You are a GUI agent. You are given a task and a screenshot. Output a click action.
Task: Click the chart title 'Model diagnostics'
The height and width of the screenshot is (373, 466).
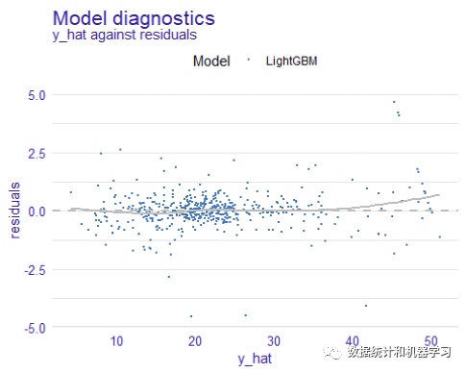(134, 18)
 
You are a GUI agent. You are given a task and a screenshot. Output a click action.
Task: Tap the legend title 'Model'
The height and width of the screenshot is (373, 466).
(211, 62)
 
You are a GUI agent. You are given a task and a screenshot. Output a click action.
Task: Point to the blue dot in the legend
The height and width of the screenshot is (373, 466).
(249, 62)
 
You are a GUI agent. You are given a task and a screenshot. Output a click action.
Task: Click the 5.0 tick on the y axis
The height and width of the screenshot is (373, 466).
(36, 94)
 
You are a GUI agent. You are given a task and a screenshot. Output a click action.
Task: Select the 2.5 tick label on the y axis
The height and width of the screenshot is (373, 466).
(36, 153)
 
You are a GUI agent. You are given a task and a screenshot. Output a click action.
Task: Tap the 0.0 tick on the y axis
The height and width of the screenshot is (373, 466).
(36, 211)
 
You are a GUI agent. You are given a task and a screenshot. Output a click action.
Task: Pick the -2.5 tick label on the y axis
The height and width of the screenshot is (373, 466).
(34, 269)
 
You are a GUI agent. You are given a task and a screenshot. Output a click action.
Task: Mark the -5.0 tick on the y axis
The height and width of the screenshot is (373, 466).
(34, 328)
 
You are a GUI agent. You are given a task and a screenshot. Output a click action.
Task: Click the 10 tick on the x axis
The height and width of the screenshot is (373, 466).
(116, 342)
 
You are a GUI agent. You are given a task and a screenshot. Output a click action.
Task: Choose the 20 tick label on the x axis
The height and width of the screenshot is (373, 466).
(195, 342)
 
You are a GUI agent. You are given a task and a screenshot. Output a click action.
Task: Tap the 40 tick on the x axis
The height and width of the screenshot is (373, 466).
(353, 342)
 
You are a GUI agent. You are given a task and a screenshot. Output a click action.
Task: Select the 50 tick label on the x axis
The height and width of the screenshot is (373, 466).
(431, 342)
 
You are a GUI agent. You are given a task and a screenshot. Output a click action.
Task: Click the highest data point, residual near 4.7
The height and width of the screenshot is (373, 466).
(394, 102)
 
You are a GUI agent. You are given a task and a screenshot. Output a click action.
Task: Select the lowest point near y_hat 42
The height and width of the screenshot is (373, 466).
(365, 306)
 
